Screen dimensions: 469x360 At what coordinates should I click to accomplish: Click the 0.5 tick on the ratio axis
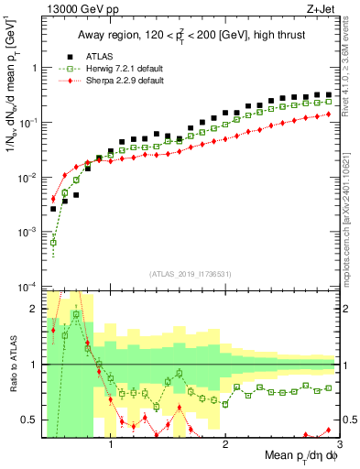click(x=29, y=420)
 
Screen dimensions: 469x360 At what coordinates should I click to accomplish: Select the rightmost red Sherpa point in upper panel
click(x=328, y=114)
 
